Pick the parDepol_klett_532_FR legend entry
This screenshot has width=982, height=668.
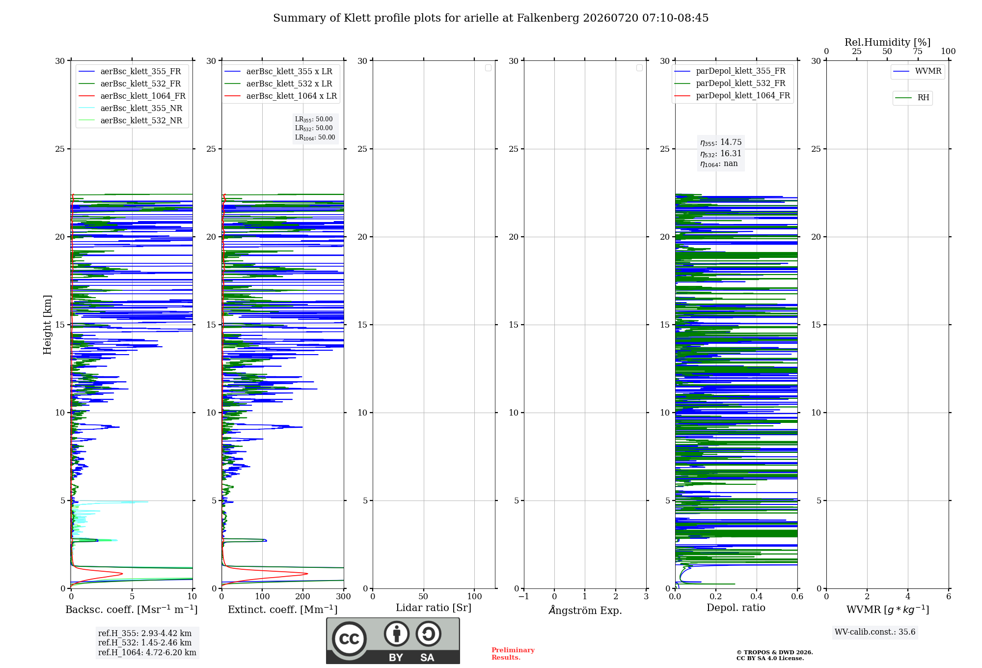point(730,83)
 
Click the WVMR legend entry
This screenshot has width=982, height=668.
point(918,71)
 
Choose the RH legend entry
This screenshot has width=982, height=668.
point(912,98)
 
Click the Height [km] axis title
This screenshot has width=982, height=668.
point(47,325)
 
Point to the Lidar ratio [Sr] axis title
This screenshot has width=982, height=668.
point(434,608)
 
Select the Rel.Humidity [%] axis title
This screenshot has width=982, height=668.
point(888,42)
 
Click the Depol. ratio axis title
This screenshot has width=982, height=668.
point(736,608)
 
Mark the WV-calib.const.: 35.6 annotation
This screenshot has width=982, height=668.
point(875,632)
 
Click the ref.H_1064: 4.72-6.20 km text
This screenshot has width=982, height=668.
point(147,652)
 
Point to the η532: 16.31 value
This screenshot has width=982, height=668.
point(721,153)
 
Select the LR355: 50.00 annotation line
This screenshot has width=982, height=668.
point(314,119)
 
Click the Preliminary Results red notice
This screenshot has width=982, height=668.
point(513,654)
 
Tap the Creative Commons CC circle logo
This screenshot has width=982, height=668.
point(349,639)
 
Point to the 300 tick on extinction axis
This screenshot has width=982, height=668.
point(344,596)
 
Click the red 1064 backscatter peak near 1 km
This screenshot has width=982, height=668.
point(122,573)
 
